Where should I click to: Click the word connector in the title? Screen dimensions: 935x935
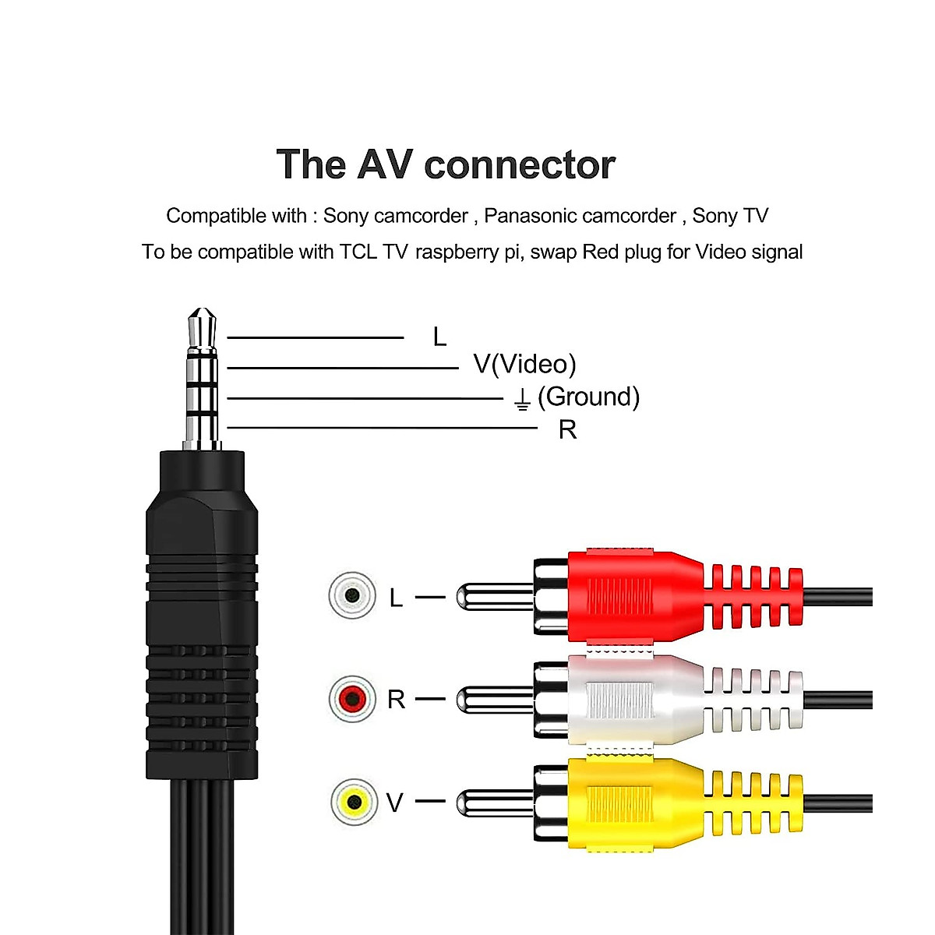pos(520,165)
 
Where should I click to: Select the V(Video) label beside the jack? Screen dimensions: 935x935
pos(524,364)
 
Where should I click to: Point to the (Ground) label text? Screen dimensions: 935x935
pos(588,397)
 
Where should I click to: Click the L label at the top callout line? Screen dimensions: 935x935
pos(439,337)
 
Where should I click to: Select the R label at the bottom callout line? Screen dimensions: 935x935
pos(567,429)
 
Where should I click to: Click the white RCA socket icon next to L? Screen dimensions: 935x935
pos(352,596)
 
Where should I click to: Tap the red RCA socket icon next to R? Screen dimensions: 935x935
pos(352,699)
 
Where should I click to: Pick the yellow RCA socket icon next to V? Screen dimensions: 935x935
pos(353,801)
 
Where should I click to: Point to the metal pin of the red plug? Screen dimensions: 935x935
pos(491,598)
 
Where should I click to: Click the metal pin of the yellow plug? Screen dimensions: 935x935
pos(491,803)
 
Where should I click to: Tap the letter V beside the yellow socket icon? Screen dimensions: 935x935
pos(395,803)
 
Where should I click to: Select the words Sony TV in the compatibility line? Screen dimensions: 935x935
pos(730,216)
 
